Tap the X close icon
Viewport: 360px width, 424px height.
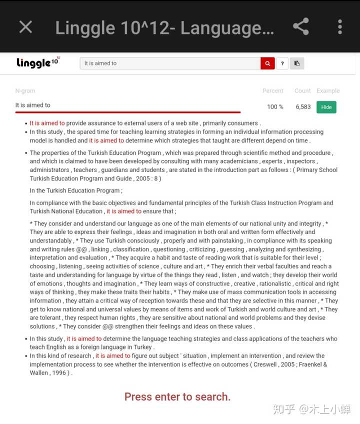25,27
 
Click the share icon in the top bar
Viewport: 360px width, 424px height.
300,27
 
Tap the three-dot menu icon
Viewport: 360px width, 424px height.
339,27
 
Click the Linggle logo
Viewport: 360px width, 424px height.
38,62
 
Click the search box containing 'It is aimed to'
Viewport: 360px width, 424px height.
170,63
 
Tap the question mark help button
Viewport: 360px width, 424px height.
282,63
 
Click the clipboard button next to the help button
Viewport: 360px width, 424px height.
297,63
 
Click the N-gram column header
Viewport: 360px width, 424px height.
25,91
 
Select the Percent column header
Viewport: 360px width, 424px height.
272,91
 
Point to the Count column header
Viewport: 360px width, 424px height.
302,91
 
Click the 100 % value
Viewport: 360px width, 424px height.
275,107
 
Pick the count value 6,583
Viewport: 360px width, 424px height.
303,107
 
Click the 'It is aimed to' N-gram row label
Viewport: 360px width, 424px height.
33,105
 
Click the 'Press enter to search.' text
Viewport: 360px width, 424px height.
177,397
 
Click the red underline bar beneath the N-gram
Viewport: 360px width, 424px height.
127,112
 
